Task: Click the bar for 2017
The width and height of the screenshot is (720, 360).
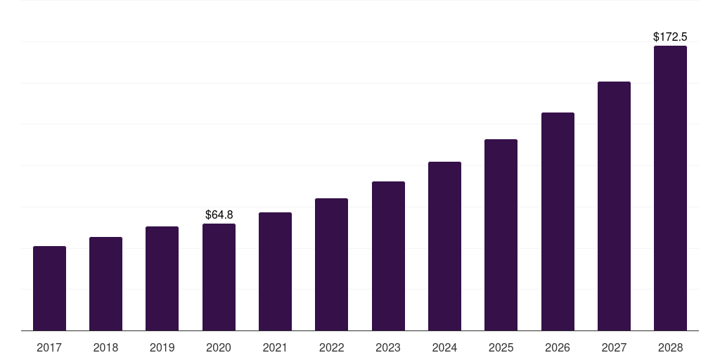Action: pyautogui.click(x=49, y=288)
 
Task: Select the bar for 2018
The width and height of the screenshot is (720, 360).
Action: pyautogui.click(x=105, y=284)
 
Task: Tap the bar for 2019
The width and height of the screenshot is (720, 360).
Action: pyautogui.click(x=162, y=278)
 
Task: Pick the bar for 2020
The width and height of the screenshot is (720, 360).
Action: pyautogui.click(x=219, y=277)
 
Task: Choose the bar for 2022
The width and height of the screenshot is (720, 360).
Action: pyautogui.click(x=331, y=264)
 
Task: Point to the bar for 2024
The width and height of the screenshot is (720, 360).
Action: pyautogui.click(x=444, y=246)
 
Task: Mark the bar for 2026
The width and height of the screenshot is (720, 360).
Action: pyautogui.click(x=558, y=221)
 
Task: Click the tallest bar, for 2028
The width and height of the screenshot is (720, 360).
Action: pyautogui.click(x=670, y=188)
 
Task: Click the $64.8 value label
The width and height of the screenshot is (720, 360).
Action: pyautogui.click(x=219, y=214)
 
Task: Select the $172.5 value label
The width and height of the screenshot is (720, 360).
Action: pyautogui.click(x=670, y=37)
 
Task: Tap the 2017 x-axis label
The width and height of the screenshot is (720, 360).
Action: pyautogui.click(x=49, y=347)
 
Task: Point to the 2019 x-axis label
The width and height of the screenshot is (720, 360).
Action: pyautogui.click(x=162, y=347)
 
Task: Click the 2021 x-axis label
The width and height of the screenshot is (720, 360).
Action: pyautogui.click(x=275, y=347)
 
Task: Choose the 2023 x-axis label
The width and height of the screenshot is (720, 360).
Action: pyautogui.click(x=388, y=347)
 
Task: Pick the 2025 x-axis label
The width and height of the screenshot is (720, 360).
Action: pyautogui.click(x=501, y=347)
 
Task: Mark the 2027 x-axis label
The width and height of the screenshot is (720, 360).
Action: pyautogui.click(x=614, y=347)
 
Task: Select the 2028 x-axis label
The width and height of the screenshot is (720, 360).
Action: pyautogui.click(x=670, y=347)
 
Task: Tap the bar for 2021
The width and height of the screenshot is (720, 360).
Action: pyautogui.click(x=275, y=271)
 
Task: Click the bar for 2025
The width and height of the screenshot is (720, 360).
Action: pyautogui.click(x=501, y=235)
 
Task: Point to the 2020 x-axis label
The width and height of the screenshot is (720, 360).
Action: pyautogui.click(x=219, y=347)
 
